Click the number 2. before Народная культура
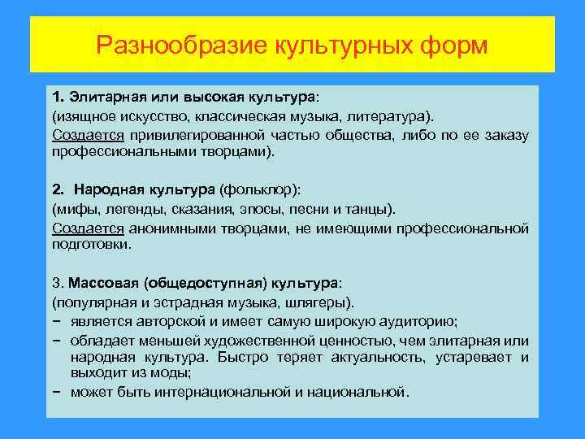pyautogui.click(x=58, y=189)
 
